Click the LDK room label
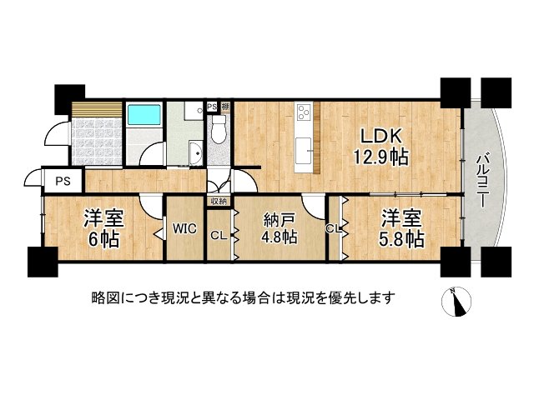[x=382, y=135]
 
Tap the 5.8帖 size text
[x=402, y=239]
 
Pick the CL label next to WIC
[x=218, y=236]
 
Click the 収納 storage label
[x=219, y=201]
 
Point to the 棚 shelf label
[x=224, y=107]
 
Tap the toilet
[x=219, y=129]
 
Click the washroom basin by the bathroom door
[x=194, y=154]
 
